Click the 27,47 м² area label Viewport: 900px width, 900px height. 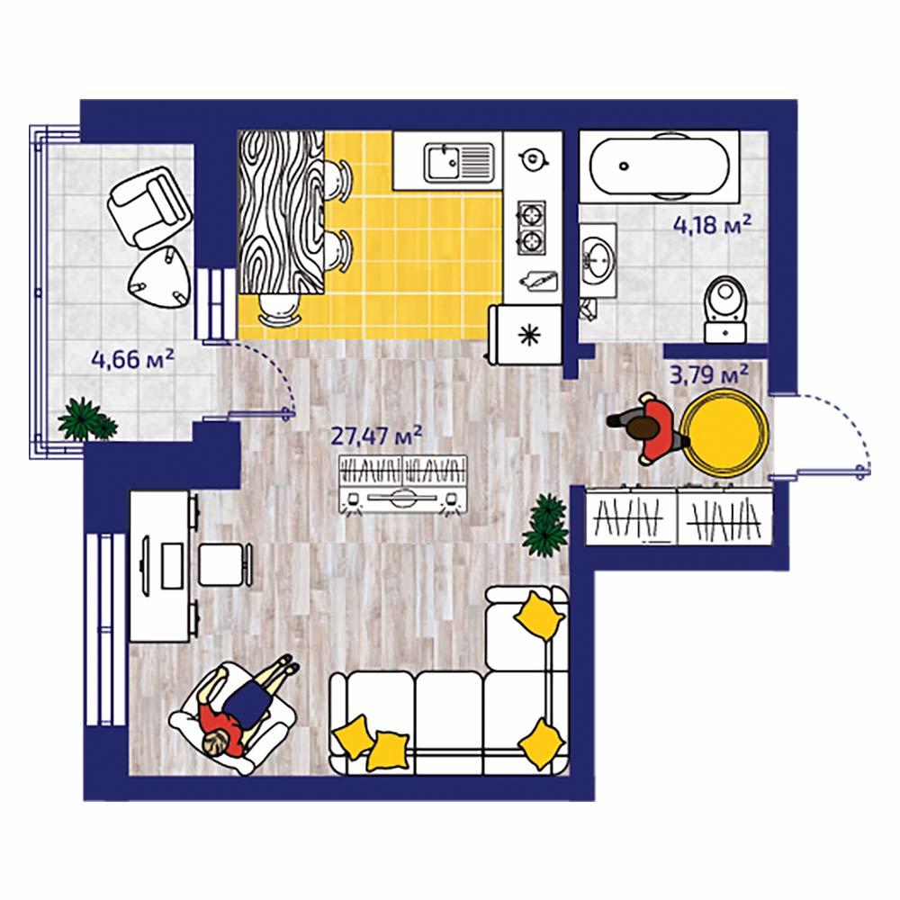376,436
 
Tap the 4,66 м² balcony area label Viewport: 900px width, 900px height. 132,359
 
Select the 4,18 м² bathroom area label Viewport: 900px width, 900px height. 712,225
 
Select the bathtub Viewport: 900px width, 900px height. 660,166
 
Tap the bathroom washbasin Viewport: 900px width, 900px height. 598,261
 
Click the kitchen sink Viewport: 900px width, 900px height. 459,162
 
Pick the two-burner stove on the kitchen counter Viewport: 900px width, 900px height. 532,228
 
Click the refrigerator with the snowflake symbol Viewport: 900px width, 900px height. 526,335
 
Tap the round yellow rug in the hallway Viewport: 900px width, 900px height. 724,433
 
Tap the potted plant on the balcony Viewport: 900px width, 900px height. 86,420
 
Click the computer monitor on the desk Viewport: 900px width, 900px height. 146,564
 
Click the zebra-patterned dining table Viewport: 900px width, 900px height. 281,212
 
